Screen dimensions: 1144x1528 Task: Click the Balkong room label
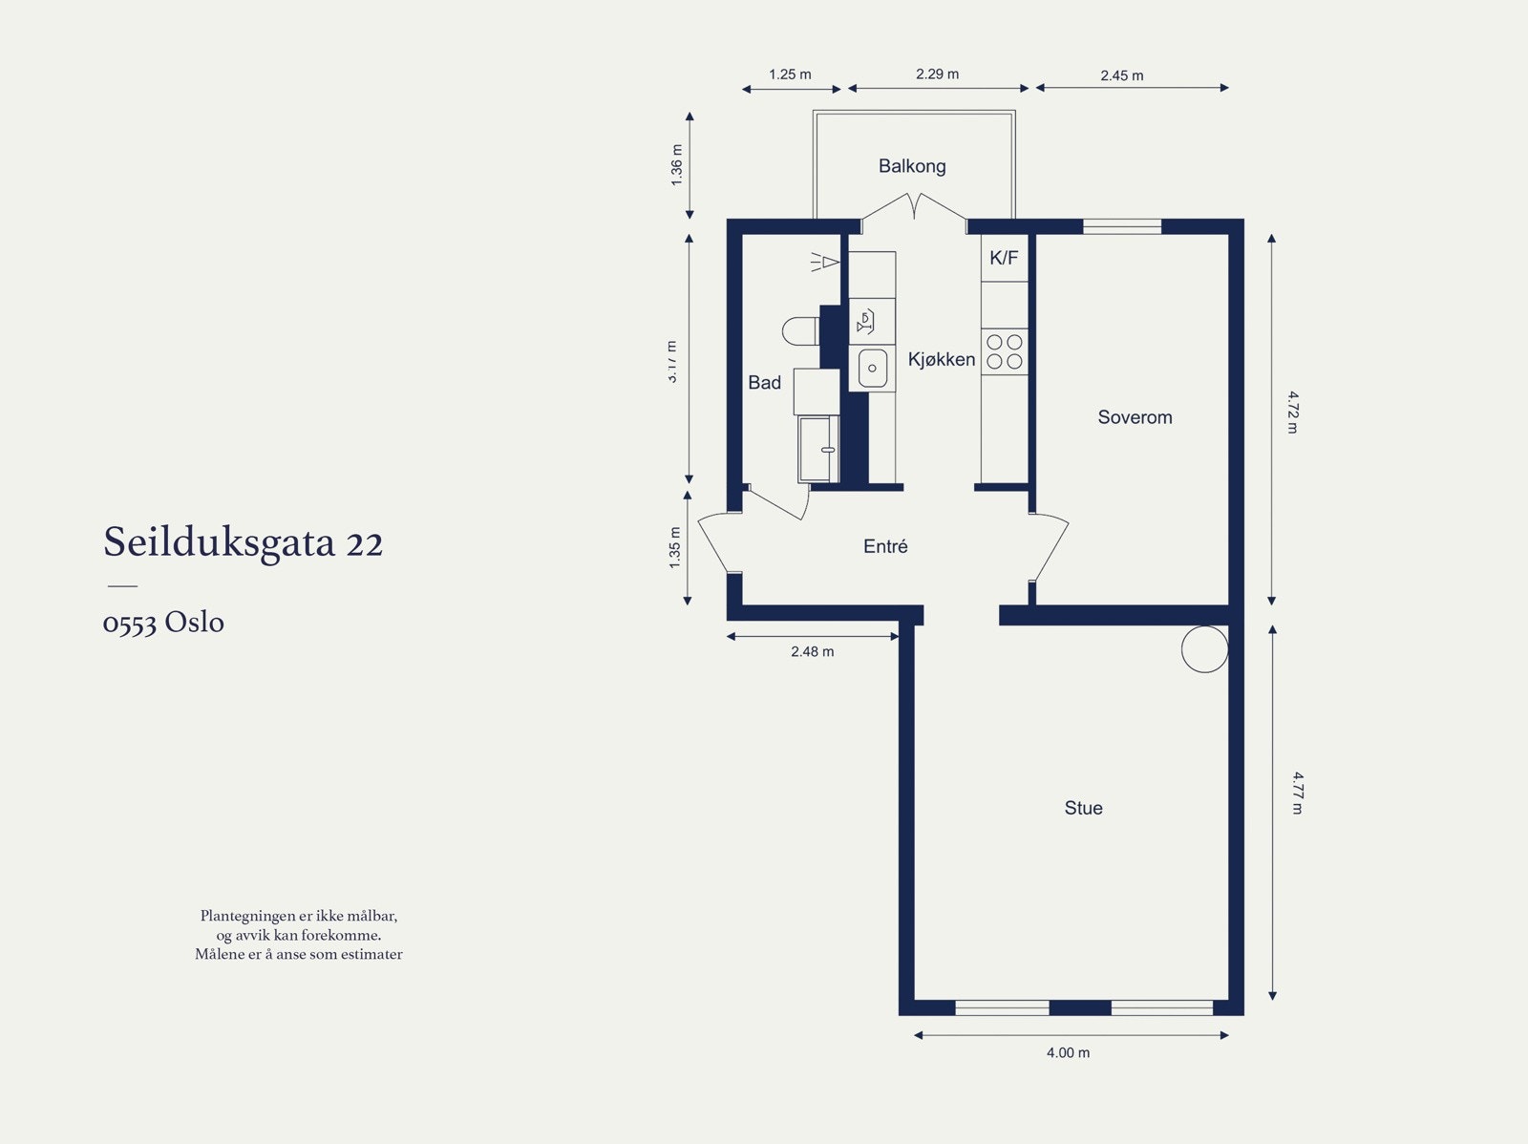click(912, 166)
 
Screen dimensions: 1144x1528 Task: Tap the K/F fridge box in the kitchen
click(1004, 258)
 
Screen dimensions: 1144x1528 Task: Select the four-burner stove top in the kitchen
click(1005, 351)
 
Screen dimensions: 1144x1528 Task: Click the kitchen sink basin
click(872, 368)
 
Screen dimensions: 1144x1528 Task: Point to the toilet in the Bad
click(799, 331)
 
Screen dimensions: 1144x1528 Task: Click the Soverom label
click(1135, 417)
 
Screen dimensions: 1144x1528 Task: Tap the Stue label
click(1083, 808)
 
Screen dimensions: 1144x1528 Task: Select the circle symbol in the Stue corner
click(1204, 649)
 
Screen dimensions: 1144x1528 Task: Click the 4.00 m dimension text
click(1068, 1052)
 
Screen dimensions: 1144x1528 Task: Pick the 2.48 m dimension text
click(812, 651)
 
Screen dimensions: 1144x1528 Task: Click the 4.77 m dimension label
click(1297, 793)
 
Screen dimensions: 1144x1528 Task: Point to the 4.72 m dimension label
click(1292, 412)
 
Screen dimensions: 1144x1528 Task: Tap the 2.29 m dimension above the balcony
click(937, 74)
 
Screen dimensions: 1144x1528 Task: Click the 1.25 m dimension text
click(790, 74)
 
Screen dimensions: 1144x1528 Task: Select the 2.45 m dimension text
click(1121, 75)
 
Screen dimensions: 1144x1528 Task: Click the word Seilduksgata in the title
click(220, 542)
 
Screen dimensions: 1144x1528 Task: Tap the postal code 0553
click(129, 623)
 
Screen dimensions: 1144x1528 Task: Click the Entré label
click(885, 546)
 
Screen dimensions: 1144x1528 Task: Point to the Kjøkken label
click(941, 359)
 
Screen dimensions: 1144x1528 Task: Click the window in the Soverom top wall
click(1121, 226)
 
